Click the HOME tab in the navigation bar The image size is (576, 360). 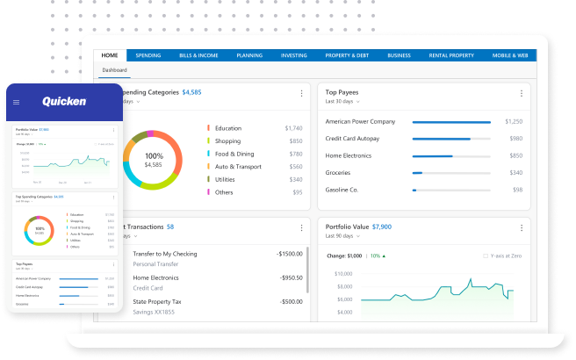(x=110, y=55)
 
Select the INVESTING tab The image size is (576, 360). (x=293, y=55)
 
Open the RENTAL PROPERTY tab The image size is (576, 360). (x=451, y=55)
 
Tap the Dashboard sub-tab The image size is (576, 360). (x=114, y=69)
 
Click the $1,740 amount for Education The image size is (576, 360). (x=293, y=128)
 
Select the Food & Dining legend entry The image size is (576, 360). (x=234, y=154)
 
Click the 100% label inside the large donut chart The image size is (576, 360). (x=154, y=155)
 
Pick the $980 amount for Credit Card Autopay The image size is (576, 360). (x=515, y=139)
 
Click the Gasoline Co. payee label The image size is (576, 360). (x=342, y=189)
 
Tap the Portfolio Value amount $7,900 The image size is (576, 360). (x=381, y=227)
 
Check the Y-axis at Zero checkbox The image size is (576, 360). (x=485, y=256)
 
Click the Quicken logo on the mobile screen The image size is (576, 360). (x=64, y=102)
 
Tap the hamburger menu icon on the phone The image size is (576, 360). (x=16, y=103)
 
